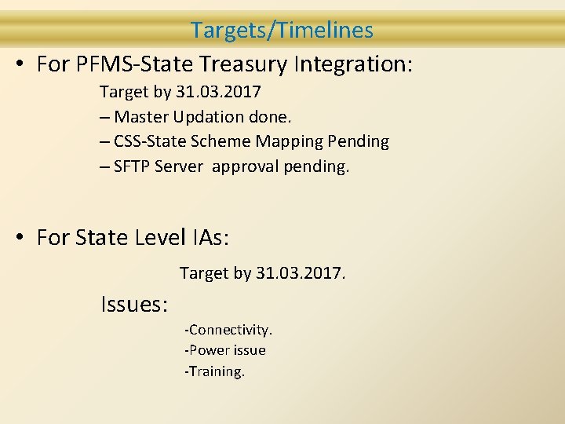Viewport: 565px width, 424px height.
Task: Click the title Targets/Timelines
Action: pyautogui.click(x=282, y=31)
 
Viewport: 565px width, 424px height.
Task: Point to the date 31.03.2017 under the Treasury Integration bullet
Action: pyautogui.click(x=218, y=93)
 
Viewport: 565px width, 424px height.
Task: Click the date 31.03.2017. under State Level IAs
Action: pyautogui.click(x=301, y=273)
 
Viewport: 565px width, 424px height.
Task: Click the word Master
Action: pyautogui.click(x=140, y=117)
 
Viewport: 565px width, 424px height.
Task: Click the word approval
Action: pyautogui.click(x=244, y=166)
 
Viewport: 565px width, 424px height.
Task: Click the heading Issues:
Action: pyautogui.click(x=134, y=304)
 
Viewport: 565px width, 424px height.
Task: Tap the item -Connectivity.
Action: pyautogui.click(x=228, y=330)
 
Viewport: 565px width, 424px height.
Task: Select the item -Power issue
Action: pyautogui.click(x=224, y=350)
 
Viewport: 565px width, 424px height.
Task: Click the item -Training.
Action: pyautogui.click(x=214, y=371)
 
